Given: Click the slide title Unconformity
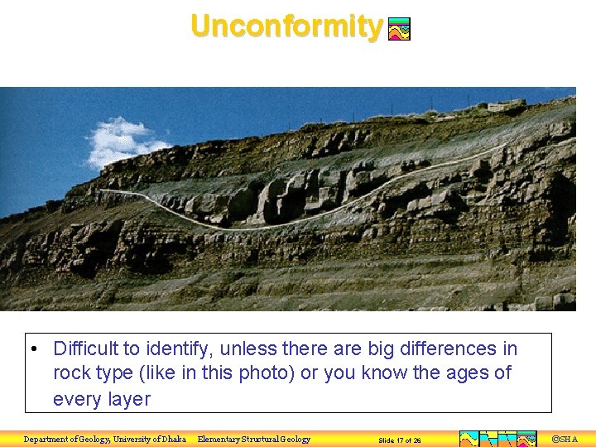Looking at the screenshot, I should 286,26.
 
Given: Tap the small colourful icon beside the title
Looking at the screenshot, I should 400,30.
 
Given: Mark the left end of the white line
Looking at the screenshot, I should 101,191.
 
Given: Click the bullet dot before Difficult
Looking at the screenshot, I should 31,348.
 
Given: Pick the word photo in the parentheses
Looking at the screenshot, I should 265,372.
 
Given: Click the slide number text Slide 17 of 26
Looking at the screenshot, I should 400,440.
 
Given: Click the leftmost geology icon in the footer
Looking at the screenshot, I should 469,439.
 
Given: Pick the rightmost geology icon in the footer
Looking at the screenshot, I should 527,439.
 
